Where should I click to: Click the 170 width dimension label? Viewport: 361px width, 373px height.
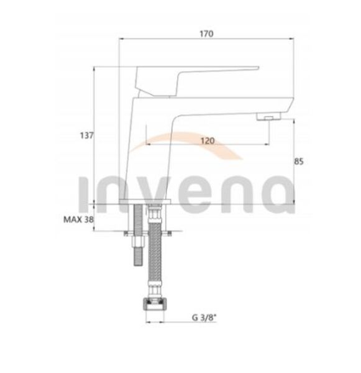206,34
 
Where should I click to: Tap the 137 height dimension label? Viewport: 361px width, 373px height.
87,136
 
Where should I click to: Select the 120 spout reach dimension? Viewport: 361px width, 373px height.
208,141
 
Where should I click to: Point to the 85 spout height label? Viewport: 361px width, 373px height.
299,162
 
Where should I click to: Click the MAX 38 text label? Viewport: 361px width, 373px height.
78,219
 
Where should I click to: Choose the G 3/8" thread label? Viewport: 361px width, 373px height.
204,317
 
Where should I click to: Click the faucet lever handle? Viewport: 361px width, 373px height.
197,81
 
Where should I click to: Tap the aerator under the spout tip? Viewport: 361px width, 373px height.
268,117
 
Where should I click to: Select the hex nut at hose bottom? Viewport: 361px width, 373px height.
154,304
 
